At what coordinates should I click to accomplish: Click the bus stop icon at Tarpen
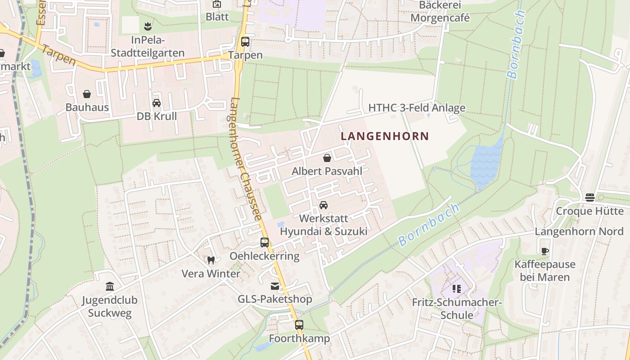[245, 42]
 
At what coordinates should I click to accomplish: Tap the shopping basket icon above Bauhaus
[87, 94]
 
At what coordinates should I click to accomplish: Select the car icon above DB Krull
[157, 103]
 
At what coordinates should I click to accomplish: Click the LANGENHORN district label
[385, 136]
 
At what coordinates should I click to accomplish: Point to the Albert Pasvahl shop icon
[327, 158]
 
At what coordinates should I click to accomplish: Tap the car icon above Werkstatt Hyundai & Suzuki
[323, 205]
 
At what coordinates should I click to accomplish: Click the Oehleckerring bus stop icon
[265, 243]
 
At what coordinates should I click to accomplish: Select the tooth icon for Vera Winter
[211, 260]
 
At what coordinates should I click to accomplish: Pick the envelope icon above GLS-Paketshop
[274, 286]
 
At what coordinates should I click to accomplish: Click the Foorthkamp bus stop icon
[299, 324]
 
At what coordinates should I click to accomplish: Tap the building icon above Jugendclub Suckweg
[110, 286]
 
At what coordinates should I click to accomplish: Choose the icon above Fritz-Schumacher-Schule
[457, 289]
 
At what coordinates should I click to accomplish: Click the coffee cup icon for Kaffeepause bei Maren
[545, 251]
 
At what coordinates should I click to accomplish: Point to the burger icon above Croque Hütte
[589, 198]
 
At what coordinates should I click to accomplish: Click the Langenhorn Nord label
[579, 232]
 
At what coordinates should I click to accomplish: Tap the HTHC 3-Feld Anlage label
[417, 108]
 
